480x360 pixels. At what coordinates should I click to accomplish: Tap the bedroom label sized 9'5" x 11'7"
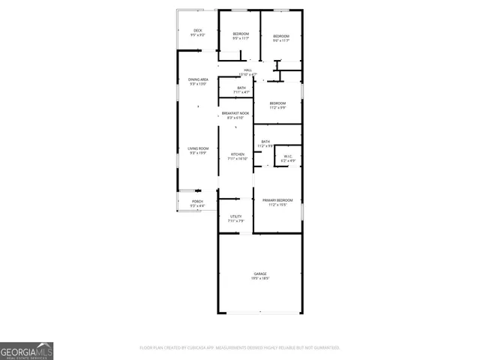pyautogui.click(x=240, y=34)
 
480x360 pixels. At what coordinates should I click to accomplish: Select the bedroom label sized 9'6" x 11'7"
pyautogui.click(x=281, y=37)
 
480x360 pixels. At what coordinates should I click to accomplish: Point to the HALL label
pyautogui.click(x=247, y=70)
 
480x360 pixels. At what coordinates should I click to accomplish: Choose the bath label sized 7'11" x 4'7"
pyautogui.click(x=241, y=88)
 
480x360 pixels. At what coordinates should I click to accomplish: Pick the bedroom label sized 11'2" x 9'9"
pyautogui.click(x=277, y=103)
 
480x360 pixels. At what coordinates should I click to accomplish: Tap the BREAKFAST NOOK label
pyautogui.click(x=235, y=113)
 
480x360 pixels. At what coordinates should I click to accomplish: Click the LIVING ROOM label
pyautogui.click(x=198, y=148)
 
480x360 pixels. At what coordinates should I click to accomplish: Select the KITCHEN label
pyautogui.click(x=238, y=154)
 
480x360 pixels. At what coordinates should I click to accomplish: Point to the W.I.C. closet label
pyautogui.click(x=288, y=157)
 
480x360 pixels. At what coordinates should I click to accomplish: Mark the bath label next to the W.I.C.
pyautogui.click(x=265, y=142)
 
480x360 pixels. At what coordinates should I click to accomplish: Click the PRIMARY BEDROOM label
pyautogui.click(x=277, y=199)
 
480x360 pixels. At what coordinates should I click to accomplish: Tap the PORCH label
pyautogui.click(x=197, y=201)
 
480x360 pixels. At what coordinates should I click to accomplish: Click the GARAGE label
pyautogui.click(x=260, y=274)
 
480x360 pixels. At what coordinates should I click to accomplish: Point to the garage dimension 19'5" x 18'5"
pyautogui.click(x=260, y=278)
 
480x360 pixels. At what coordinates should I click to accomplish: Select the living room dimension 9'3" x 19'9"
pyautogui.click(x=198, y=153)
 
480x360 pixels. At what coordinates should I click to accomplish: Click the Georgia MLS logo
pyautogui.click(x=26, y=350)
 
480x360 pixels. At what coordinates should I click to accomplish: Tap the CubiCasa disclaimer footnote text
pyautogui.click(x=240, y=348)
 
